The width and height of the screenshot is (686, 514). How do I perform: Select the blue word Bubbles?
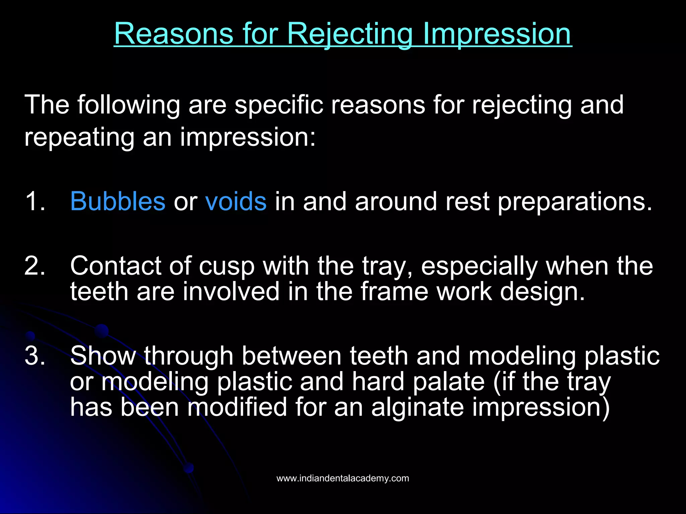tap(118, 201)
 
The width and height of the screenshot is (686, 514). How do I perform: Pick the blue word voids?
tap(236, 201)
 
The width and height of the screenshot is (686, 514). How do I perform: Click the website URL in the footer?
tap(343, 478)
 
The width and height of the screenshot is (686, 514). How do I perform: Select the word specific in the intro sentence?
tap(279, 105)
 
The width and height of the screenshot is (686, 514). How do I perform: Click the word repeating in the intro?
tap(79, 137)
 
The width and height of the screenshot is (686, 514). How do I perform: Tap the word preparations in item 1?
tap(574, 202)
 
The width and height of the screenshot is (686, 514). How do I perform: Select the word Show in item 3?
tap(103, 355)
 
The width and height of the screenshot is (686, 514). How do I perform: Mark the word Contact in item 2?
tap(115, 266)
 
